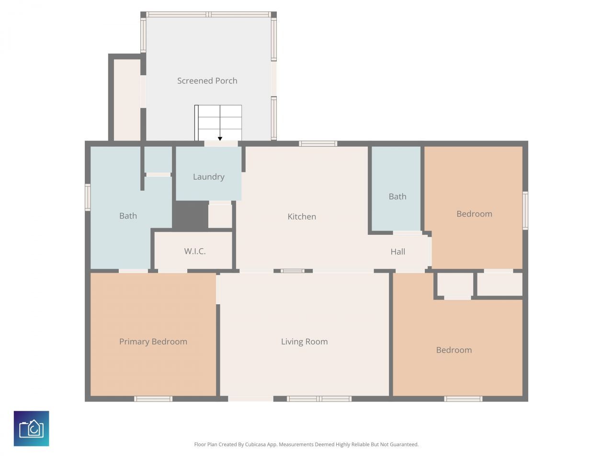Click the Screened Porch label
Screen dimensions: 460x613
207,81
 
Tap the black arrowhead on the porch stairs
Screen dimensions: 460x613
220,139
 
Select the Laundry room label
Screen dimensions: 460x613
208,177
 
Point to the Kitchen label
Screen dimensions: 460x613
301,217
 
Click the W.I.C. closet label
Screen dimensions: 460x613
194,251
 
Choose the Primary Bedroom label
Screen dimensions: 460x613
153,342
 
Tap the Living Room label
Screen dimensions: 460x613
304,342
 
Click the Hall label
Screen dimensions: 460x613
397,252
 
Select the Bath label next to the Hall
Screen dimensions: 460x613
397,196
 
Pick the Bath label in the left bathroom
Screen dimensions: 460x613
128,216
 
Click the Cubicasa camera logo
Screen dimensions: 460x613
32,428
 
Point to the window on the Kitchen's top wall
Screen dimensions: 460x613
318,143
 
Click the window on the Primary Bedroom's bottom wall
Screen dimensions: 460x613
153,399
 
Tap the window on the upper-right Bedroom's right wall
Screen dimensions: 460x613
525,210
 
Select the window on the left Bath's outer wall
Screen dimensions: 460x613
88,197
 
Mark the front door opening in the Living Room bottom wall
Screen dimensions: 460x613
250,399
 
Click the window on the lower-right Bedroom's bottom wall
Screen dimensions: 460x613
463,399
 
